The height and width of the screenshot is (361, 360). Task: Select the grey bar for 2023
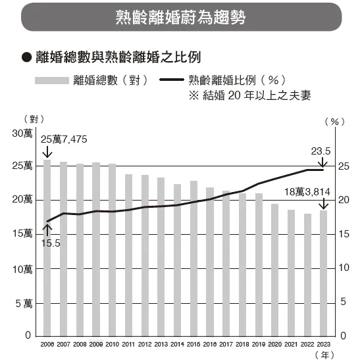point(322,276)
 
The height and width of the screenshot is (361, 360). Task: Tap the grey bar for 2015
point(193,263)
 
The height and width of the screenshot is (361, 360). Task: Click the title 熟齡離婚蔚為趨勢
point(179,16)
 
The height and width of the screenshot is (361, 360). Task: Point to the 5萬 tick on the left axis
point(24,302)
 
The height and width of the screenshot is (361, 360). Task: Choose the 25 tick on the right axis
point(343,166)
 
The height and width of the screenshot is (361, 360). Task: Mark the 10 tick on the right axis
point(343,268)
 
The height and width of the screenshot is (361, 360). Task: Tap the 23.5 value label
point(321,151)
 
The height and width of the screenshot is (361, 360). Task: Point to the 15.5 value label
point(50,243)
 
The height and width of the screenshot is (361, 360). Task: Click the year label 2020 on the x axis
point(274,344)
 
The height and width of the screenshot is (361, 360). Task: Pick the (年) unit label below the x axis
point(324,355)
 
